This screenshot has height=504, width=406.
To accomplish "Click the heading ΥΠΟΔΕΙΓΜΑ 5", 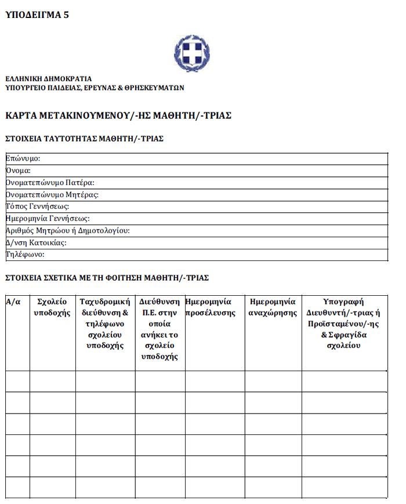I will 37,16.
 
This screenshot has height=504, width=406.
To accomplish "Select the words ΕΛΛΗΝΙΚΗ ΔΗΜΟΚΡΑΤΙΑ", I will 48,79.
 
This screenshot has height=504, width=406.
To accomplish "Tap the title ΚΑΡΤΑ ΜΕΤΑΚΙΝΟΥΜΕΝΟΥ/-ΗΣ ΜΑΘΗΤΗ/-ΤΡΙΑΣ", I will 118,115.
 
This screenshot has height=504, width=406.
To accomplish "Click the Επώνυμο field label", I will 23,158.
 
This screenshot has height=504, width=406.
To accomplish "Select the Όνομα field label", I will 18,171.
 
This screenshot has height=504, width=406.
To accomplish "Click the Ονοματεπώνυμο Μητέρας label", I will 52,194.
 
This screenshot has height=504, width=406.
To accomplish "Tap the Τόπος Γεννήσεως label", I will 38,206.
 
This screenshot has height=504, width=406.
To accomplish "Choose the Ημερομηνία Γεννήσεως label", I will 48,219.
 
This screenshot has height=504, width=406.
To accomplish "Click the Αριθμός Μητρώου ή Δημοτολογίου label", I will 67,231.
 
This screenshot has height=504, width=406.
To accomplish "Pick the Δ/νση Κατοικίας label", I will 36,242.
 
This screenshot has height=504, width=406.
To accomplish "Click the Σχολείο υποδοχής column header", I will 52,307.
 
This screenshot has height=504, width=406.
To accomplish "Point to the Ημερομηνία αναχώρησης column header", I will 273,307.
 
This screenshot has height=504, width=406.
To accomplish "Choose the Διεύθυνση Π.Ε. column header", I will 159,329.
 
